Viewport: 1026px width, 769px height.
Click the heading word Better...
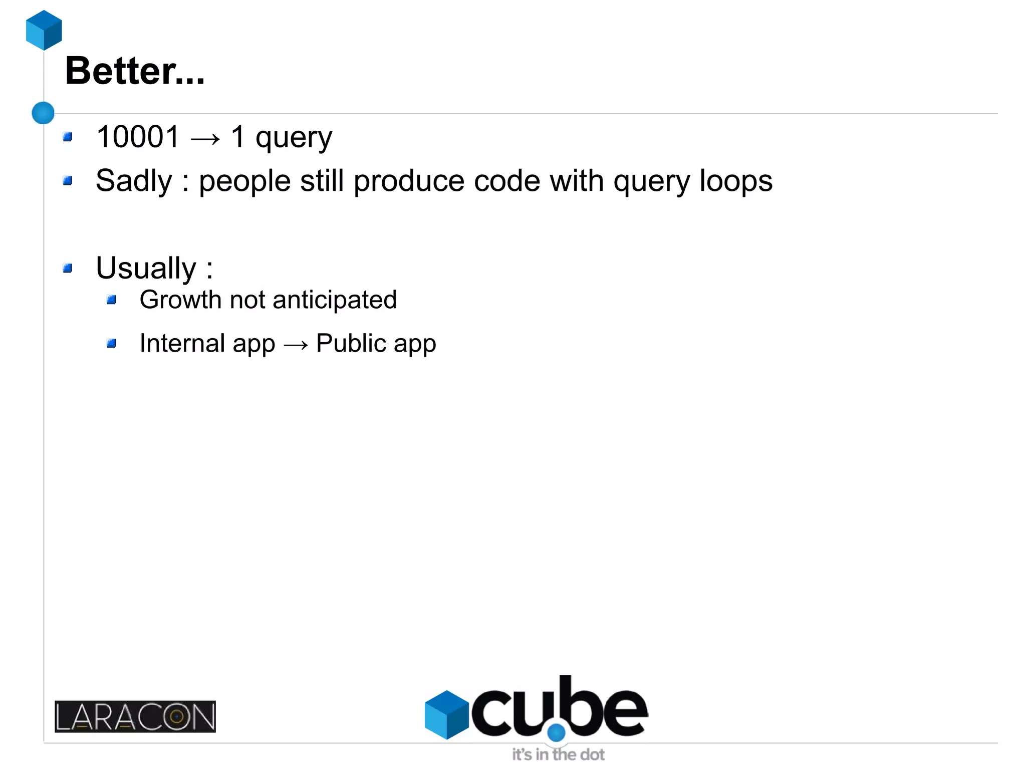[x=120, y=71]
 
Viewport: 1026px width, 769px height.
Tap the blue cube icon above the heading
[x=44, y=30]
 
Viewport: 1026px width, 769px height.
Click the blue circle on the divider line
[x=43, y=113]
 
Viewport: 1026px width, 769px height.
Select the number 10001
[x=138, y=137]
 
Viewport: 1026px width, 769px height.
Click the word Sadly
[x=134, y=181]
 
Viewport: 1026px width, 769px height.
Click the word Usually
[x=146, y=268]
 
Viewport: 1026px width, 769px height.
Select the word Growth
[x=180, y=300]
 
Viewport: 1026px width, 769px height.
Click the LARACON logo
[x=135, y=716]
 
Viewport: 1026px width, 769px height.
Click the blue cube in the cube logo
[x=446, y=714]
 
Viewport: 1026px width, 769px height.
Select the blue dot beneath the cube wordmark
[x=556, y=732]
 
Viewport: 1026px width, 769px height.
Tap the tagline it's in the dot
[x=558, y=754]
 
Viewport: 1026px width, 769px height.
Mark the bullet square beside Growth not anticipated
[x=112, y=300]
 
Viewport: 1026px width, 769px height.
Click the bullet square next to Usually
[x=68, y=269]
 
